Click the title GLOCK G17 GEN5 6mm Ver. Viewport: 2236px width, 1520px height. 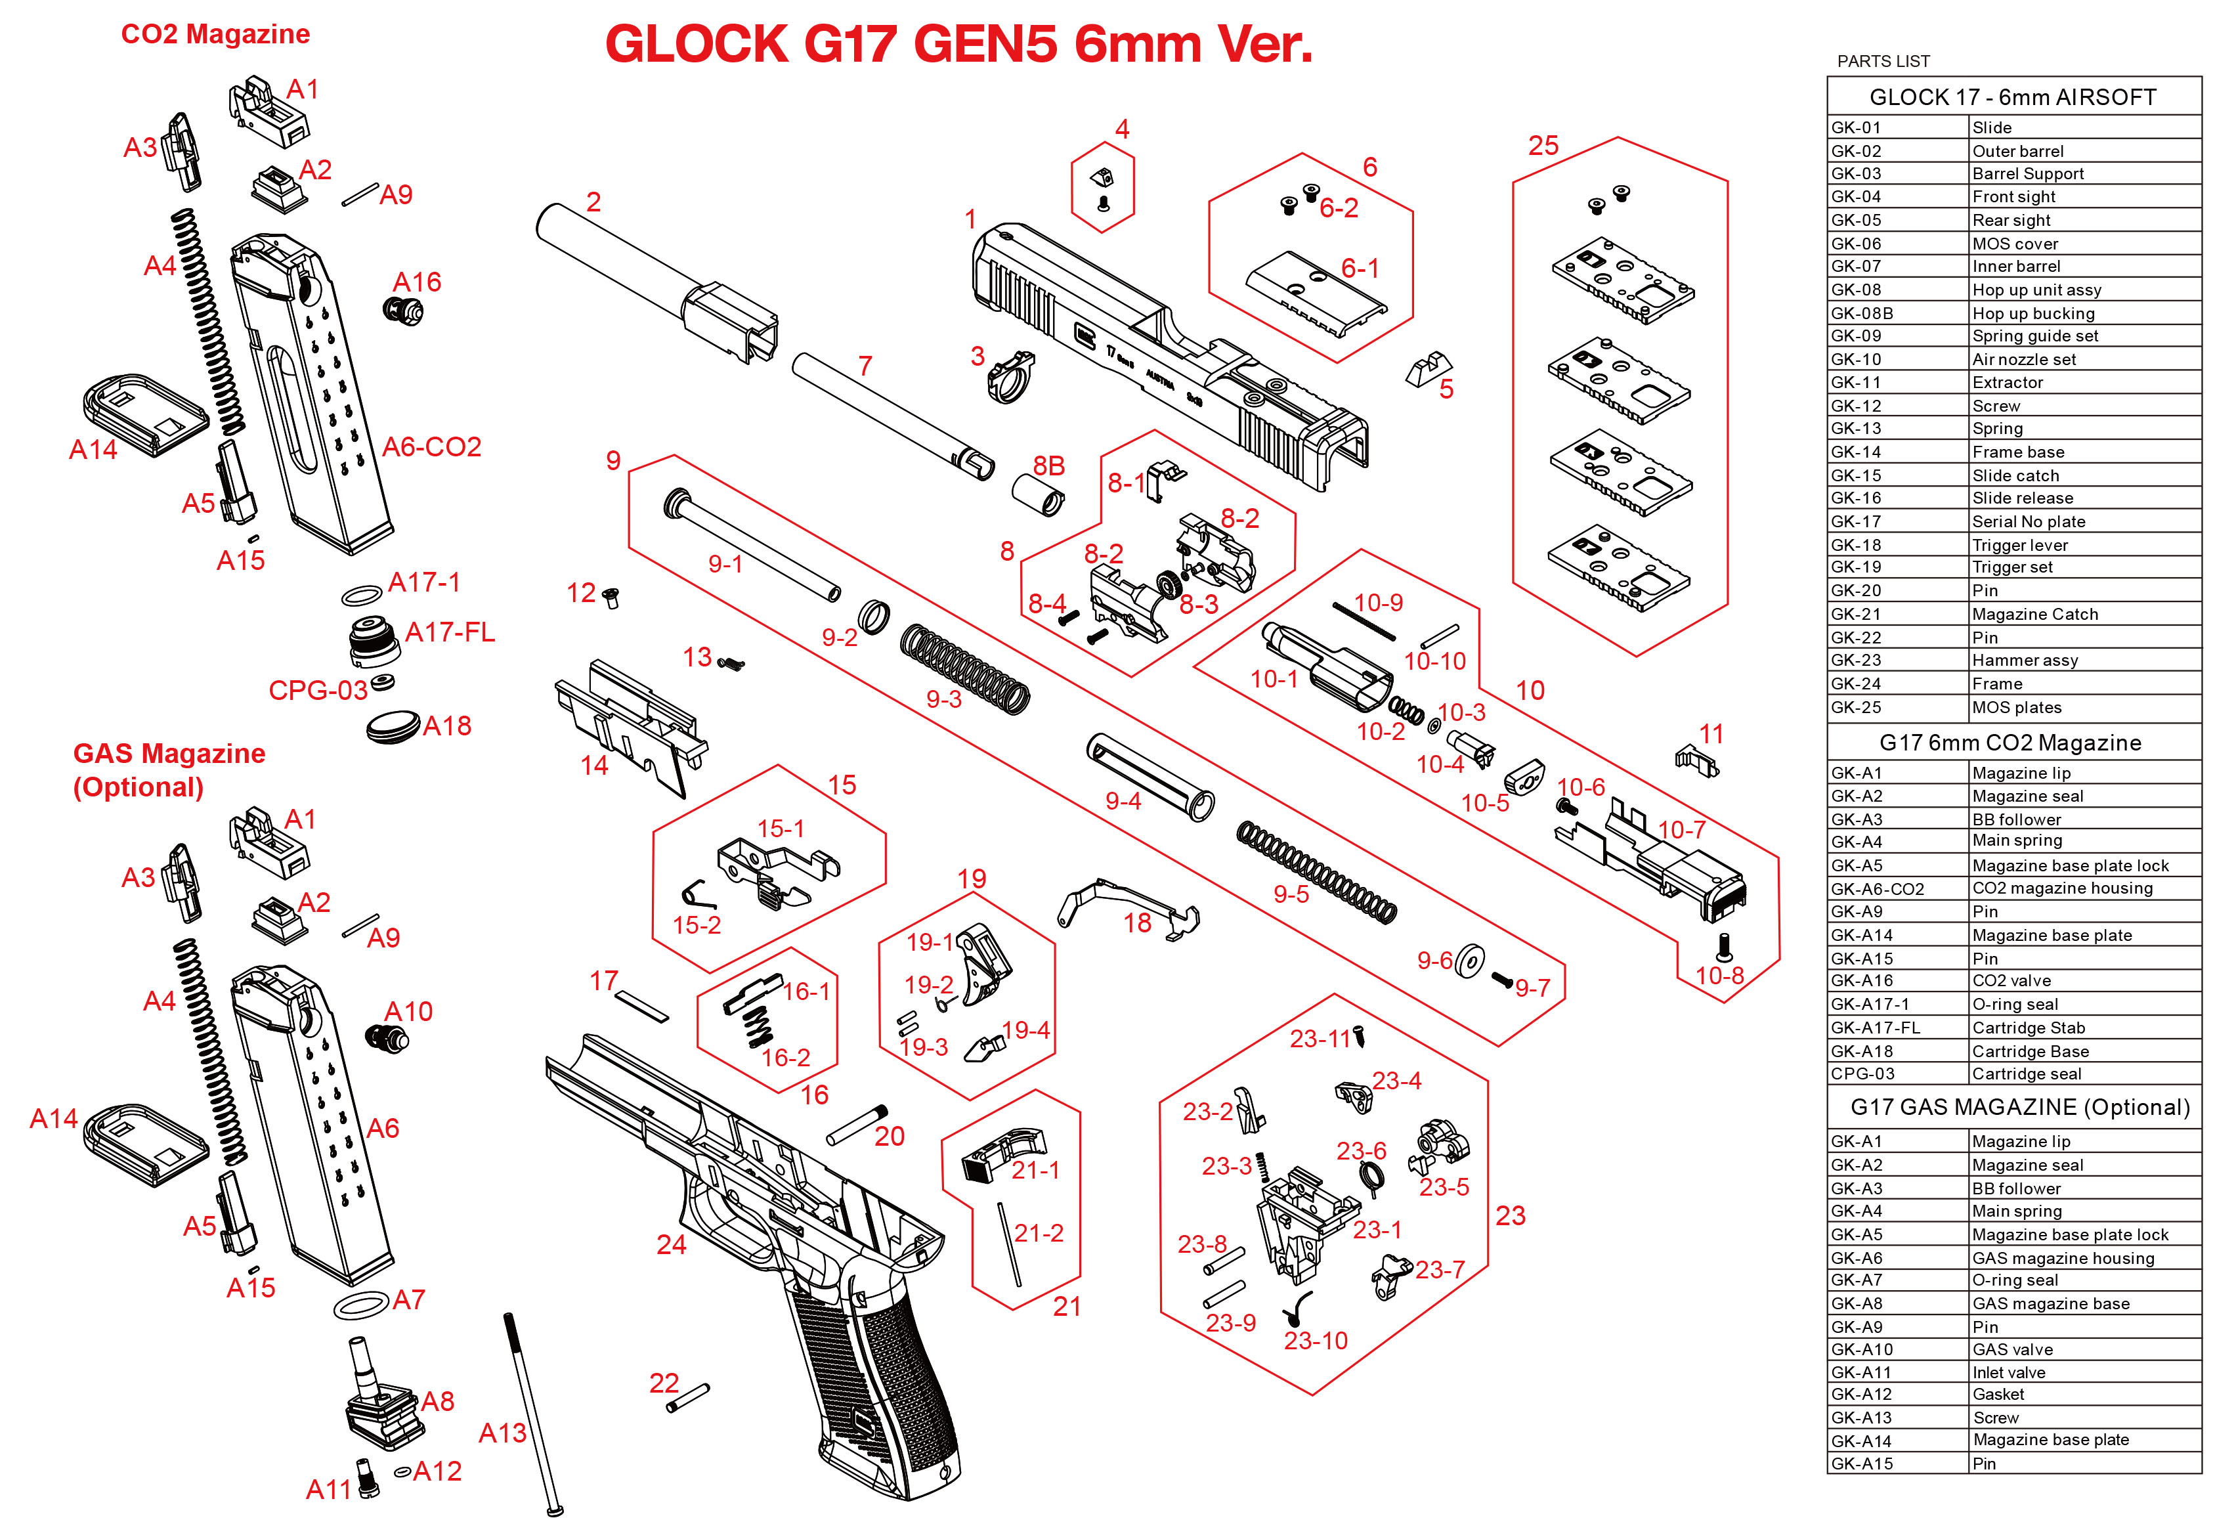click(958, 44)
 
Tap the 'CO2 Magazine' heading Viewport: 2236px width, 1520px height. click(215, 35)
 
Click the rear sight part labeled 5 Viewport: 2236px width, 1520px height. click(1428, 370)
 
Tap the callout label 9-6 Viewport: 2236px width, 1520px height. click(1434, 960)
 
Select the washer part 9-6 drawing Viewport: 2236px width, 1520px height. click(1469, 960)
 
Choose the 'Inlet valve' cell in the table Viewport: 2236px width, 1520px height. click(2008, 1372)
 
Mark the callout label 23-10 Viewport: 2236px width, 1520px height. click(1314, 1340)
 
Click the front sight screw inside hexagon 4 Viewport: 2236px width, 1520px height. click(1103, 203)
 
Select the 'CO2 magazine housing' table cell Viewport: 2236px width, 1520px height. click(2062, 888)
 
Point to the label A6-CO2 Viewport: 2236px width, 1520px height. click(431, 446)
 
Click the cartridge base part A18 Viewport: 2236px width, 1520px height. click(393, 726)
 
